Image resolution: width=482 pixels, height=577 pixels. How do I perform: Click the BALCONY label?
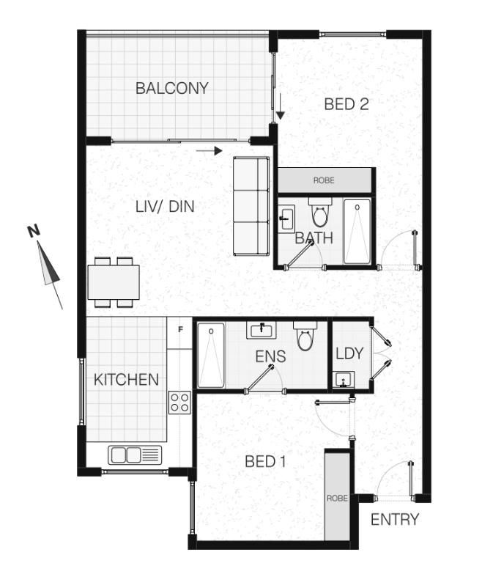tap(172, 88)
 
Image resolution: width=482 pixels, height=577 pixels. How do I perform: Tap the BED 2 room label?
tap(346, 105)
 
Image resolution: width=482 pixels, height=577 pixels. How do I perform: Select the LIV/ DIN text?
tap(165, 207)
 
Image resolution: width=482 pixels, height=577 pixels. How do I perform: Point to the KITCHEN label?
tap(126, 380)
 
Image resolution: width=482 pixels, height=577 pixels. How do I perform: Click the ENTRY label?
tap(395, 520)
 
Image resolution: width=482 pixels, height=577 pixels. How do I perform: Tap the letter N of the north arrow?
tap(34, 231)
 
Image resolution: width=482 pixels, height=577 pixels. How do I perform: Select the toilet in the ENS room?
tap(305, 336)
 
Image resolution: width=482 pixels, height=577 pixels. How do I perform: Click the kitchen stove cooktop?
tap(179, 403)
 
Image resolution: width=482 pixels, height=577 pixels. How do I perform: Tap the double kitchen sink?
tap(135, 455)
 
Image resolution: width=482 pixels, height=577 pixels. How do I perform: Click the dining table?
tap(114, 282)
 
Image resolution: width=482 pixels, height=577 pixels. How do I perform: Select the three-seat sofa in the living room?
tap(251, 206)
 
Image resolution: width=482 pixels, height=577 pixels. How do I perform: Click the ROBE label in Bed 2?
tap(324, 180)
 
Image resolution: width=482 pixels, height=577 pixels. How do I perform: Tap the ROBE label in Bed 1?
tap(337, 499)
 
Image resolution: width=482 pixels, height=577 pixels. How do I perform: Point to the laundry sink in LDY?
tap(344, 379)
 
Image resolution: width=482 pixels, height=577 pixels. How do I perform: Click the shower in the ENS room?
tap(211, 356)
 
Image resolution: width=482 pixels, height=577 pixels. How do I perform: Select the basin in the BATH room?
tap(286, 218)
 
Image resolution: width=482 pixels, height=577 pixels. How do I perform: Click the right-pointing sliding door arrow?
tap(210, 150)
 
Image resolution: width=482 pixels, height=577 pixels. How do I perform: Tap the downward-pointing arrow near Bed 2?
tap(280, 106)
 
